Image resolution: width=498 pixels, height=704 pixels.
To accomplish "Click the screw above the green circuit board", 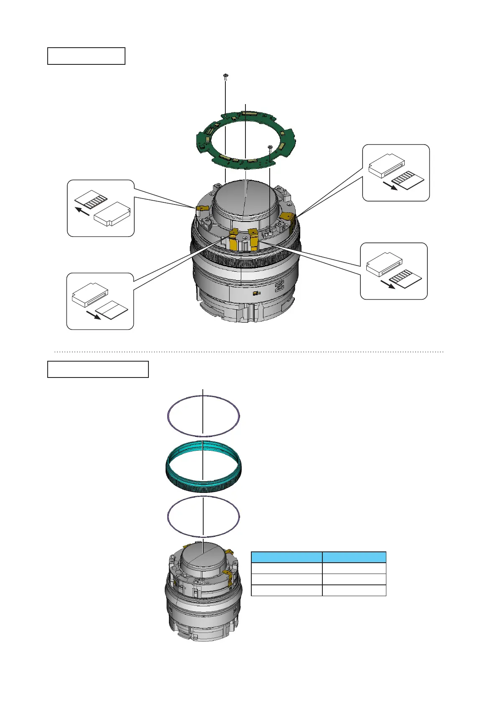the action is tap(226, 76).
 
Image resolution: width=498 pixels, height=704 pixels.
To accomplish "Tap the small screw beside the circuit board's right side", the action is tap(270, 147).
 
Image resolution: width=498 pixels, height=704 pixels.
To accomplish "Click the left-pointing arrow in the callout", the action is tap(83, 212).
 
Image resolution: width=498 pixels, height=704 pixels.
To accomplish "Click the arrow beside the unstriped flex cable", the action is tap(93, 314).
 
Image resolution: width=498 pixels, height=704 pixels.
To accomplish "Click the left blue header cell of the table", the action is tap(286, 557).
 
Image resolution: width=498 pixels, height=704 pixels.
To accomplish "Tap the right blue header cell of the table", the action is tap(354, 557).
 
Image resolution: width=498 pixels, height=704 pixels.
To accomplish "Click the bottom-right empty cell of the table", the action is tap(354, 590).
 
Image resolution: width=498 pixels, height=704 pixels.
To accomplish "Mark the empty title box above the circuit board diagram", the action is tap(86, 56).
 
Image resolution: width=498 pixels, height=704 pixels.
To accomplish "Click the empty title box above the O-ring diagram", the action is tap(98, 370).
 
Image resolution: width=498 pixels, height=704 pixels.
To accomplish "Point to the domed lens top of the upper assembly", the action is tap(245, 197).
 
